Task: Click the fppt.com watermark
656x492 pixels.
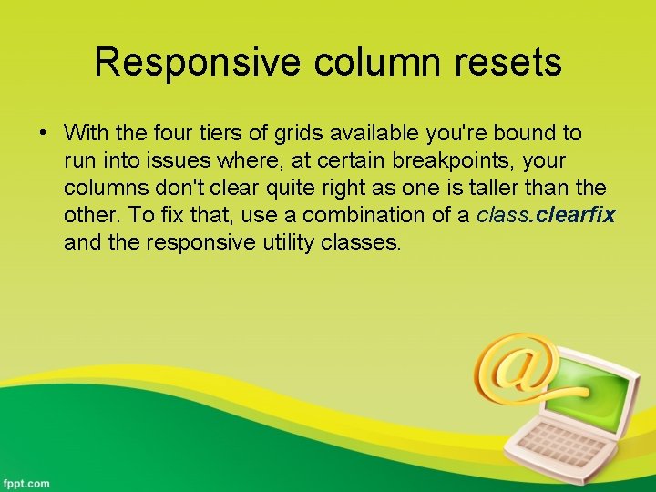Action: [26, 482]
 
